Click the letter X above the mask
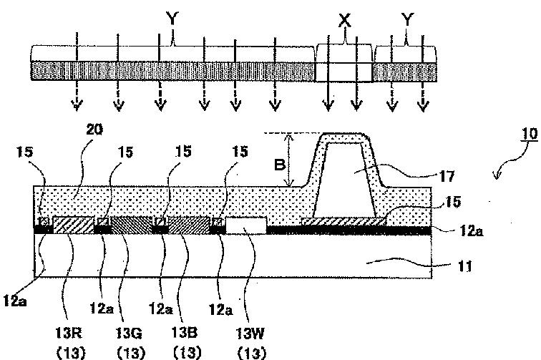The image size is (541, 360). [x=344, y=21]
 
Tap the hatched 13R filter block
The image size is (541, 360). [x=72, y=225]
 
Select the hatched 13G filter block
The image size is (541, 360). [x=129, y=225]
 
